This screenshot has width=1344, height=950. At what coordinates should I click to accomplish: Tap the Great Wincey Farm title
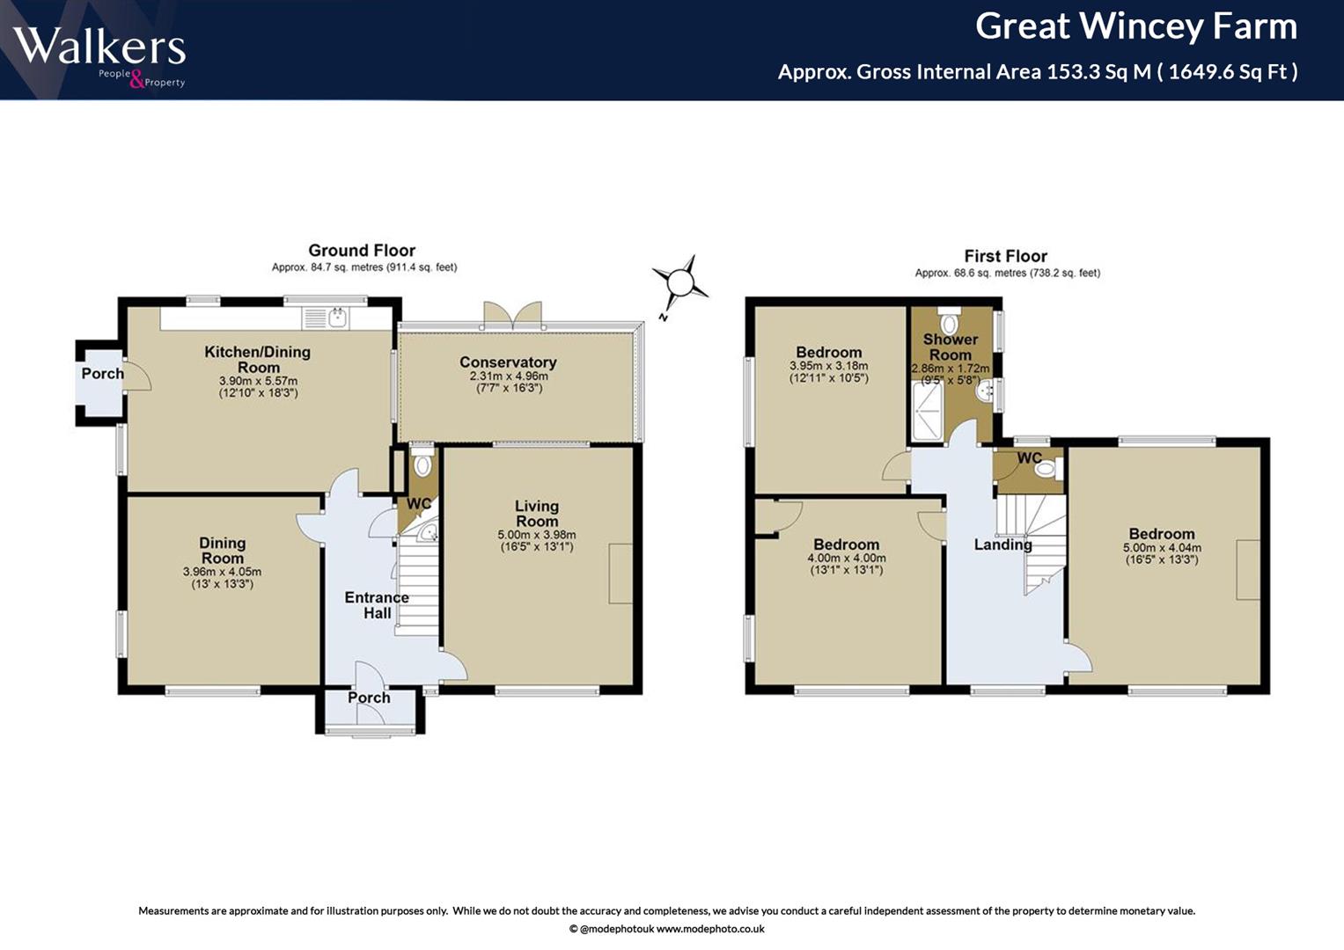point(1135,27)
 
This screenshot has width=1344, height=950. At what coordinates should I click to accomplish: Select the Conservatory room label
point(508,362)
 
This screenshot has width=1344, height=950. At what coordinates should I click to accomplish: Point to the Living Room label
point(536,514)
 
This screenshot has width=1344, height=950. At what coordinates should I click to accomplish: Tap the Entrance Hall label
point(377,605)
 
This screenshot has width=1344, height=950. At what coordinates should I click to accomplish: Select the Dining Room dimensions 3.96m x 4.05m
point(222,572)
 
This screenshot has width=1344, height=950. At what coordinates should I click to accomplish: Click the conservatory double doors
point(513,316)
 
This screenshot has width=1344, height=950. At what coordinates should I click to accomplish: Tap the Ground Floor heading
point(362,250)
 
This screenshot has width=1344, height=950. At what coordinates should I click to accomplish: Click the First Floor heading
point(1006,256)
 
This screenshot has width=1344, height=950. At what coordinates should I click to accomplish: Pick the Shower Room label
point(951,347)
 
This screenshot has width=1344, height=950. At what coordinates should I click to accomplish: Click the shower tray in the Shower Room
point(928,412)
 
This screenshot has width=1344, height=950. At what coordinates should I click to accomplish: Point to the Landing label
point(1002,544)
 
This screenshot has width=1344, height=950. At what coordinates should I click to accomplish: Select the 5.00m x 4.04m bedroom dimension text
point(1162,547)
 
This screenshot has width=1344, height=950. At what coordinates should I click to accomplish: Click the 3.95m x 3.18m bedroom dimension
point(828,366)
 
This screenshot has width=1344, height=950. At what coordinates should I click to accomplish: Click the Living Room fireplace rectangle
point(621,574)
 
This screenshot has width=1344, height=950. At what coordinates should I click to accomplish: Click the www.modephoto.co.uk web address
point(710,929)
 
